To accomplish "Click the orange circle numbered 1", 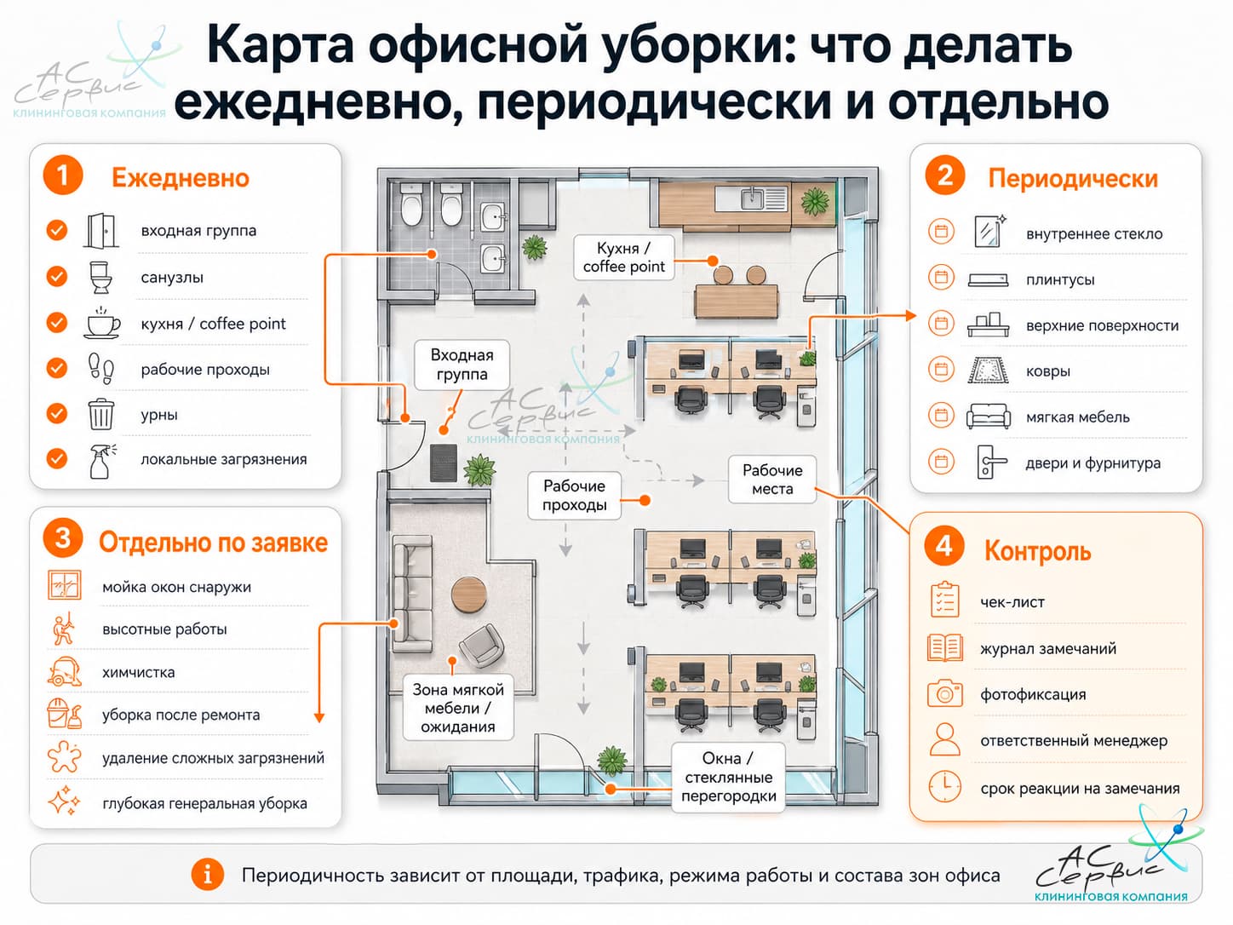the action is [62, 175].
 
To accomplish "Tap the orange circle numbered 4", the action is [943, 547].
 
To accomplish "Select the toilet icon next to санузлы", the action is [100, 277].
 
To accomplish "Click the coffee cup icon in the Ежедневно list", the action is [101, 323].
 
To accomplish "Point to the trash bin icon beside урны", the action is [101, 414].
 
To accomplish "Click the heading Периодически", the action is [1073, 179].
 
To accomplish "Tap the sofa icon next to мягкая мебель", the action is [988, 417].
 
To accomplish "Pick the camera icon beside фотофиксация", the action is [945, 694].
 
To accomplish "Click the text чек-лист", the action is [1012, 603].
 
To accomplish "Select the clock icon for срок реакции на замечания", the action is [945, 787].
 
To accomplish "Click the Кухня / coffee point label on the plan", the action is [623, 257].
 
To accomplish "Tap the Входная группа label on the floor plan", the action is [462, 365].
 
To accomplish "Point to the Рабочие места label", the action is [772, 479].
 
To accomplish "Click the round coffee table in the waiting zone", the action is [468, 595].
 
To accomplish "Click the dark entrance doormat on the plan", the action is [444, 462].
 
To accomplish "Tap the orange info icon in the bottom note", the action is [207, 875].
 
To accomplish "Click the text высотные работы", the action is [164, 629].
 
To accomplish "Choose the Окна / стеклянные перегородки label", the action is [729, 778].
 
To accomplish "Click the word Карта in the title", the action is [280, 46].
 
